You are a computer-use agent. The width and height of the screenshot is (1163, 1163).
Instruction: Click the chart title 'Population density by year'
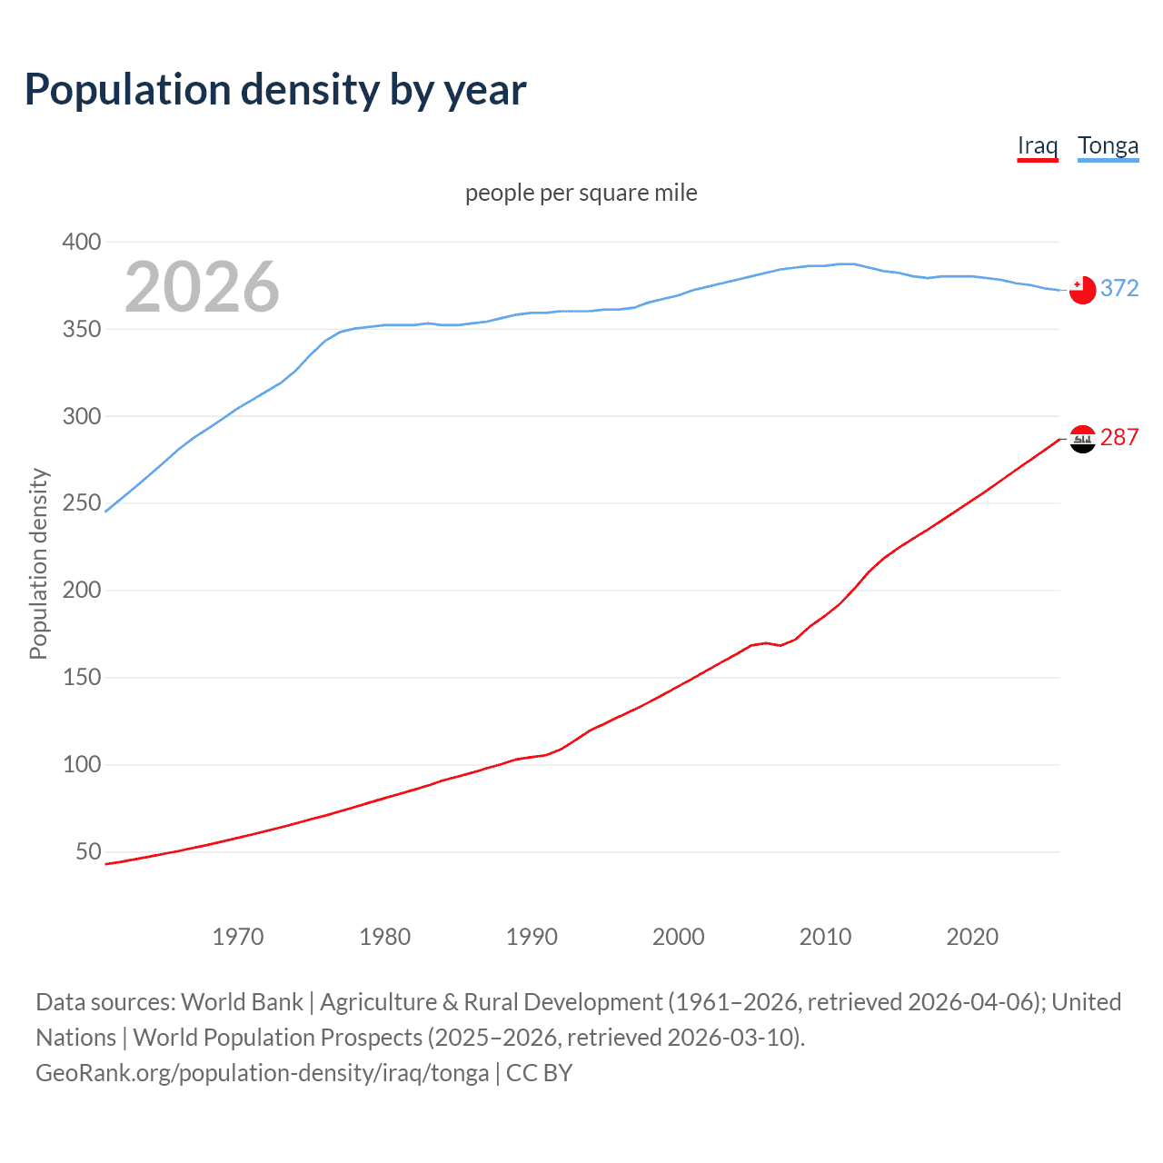[275, 89]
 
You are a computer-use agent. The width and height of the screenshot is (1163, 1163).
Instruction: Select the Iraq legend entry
[1038, 145]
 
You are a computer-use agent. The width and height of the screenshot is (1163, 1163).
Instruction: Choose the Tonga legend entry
[1108, 145]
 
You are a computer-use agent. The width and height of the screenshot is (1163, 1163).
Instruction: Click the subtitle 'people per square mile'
[581, 193]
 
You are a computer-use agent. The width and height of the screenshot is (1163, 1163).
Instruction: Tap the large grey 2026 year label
[202, 287]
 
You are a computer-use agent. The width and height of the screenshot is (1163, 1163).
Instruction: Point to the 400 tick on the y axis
[82, 242]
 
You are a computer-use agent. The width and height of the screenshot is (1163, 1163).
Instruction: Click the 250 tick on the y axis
[82, 503]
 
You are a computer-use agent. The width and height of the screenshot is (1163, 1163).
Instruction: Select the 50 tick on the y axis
[88, 852]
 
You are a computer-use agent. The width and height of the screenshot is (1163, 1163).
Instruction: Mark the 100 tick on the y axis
[82, 765]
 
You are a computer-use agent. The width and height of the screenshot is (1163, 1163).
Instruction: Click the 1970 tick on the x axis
[238, 937]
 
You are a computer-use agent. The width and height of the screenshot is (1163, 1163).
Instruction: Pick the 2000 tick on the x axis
[679, 937]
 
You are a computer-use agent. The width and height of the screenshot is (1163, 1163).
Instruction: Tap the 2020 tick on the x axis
[972, 937]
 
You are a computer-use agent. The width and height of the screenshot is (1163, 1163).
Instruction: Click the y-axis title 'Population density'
[38, 563]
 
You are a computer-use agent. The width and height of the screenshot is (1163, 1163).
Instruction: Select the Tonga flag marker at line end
[1082, 290]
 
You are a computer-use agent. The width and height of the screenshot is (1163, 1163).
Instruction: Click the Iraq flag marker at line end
[1082, 439]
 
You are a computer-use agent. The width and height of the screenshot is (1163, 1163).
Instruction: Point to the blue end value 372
[1119, 288]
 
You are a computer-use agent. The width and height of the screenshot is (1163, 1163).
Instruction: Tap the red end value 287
[1119, 437]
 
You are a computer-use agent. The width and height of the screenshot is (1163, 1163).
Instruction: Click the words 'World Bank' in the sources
[242, 1002]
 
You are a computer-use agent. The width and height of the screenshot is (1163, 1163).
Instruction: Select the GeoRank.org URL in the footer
[262, 1073]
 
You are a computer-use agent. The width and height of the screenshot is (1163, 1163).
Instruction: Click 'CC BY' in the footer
[539, 1073]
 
